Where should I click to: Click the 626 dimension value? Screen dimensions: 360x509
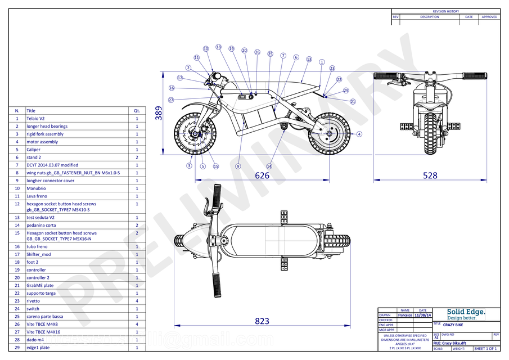[x=262, y=175]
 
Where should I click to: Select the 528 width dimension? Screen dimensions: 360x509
[x=430, y=175]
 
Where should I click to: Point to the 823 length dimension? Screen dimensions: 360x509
[x=262, y=321]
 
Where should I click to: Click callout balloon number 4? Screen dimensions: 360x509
[x=359, y=134]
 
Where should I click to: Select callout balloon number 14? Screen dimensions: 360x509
[x=269, y=166]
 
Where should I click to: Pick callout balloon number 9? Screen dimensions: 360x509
[x=238, y=166]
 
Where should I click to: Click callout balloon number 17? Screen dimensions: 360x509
[x=180, y=78]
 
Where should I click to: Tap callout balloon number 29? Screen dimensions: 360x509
[x=346, y=91]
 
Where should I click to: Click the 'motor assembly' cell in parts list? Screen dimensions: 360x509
[x=42, y=142]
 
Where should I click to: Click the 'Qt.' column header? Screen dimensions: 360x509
[x=137, y=111]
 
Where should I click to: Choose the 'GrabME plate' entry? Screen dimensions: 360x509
[x=40, y=285]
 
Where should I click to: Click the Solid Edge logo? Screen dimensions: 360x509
[x=465, y=314]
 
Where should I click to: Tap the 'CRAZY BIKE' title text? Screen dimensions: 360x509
[x=453, y=325]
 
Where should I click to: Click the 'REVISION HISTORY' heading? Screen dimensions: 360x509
[x=445, y=11]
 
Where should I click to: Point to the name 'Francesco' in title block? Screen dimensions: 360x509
[x=404, y=315]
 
